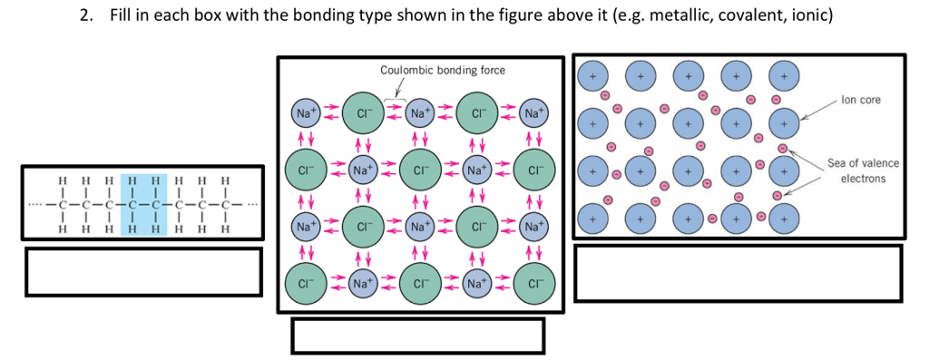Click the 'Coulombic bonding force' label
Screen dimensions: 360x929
(x=443, y=71)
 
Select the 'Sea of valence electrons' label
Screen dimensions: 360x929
(x=863, y=170)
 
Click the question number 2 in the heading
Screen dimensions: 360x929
(x=83, y=17)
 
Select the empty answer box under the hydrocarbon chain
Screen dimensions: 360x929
(x=142, y=271)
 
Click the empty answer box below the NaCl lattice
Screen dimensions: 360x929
(x=417, y=336)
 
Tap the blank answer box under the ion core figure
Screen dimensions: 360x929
(x=738, y=273)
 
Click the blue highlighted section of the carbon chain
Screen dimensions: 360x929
(x=141, y=202)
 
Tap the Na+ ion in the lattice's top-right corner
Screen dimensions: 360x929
(x=535, y=114)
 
